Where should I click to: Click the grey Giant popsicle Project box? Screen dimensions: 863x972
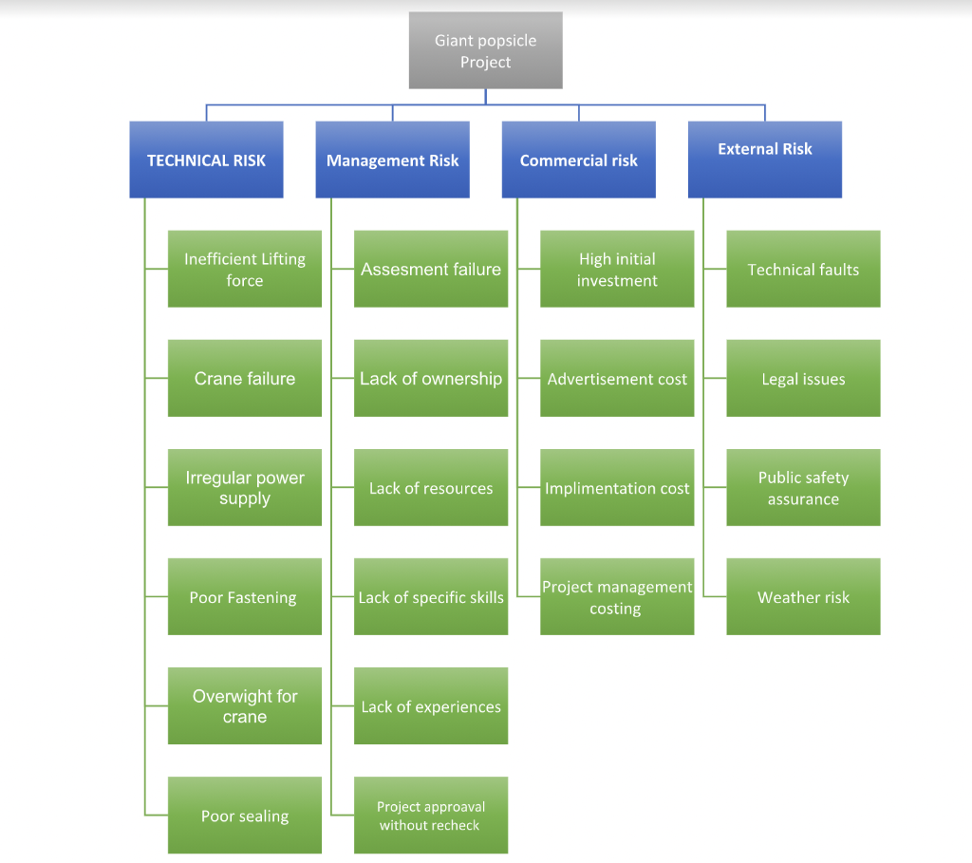click(485, 51)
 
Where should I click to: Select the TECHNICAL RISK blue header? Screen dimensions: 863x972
click(206, 160)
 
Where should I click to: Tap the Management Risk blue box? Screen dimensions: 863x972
click(392, 160)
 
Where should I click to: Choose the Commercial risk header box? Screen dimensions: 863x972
click(578, 160)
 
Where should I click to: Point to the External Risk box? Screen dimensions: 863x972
click(764, 159)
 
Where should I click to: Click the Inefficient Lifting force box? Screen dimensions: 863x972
click(245, 270)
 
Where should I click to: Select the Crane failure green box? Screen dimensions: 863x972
click(245, 379)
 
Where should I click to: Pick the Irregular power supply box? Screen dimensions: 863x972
click(245, 488)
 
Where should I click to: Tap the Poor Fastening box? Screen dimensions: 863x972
click(245, 597)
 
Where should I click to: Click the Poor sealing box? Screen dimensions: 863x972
click(245, 816)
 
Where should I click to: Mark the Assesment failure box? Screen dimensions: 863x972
click(431, 270)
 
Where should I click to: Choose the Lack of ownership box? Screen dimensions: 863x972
click(431, 379)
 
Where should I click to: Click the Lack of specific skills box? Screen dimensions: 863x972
click(431, 597)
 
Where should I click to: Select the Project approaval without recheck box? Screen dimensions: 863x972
click(431, 816)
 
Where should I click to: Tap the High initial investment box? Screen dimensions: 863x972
click(617, 270)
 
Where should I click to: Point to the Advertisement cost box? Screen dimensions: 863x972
click(617, 379)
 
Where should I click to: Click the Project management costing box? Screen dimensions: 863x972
click(617, 597)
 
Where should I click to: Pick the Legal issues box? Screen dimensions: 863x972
click(803, 379)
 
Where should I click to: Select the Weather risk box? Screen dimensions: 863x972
click(803, 597)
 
